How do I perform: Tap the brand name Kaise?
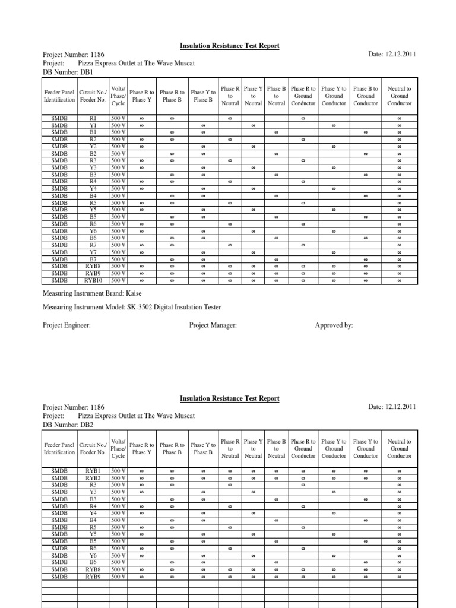click(x=132, y=293)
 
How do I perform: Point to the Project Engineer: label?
click(x=66, y=325)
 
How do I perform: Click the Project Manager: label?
click(x=213, y=325)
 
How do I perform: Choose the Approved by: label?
click(x=334, y=325)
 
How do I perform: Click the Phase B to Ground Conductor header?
click(x=366, y=96)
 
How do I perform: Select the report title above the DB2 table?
click(x=229, y=399)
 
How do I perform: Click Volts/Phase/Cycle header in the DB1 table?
click(x=118, y=96)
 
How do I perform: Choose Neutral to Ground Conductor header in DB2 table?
click(x=399, y=448)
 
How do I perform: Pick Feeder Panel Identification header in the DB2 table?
click(x=59, y=448)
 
